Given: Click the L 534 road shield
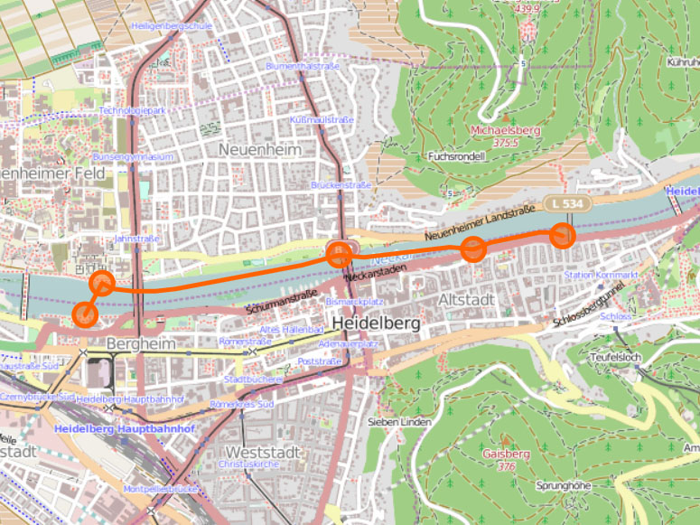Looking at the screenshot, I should click(x=566, y=204).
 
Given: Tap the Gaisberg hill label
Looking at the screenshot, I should click(x=505, y=454).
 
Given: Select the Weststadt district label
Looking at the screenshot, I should click(x=261, y=451).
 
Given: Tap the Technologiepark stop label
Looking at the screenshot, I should click(x=133, y=110).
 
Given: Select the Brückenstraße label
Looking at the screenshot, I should click(x=341, y=185).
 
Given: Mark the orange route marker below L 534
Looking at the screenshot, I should click(x=563, y=236).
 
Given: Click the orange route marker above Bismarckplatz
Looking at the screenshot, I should click(x=339, y=254).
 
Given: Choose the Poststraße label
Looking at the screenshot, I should click(x=319, y=361).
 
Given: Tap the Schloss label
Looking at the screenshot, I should click(x=615, y=317).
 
